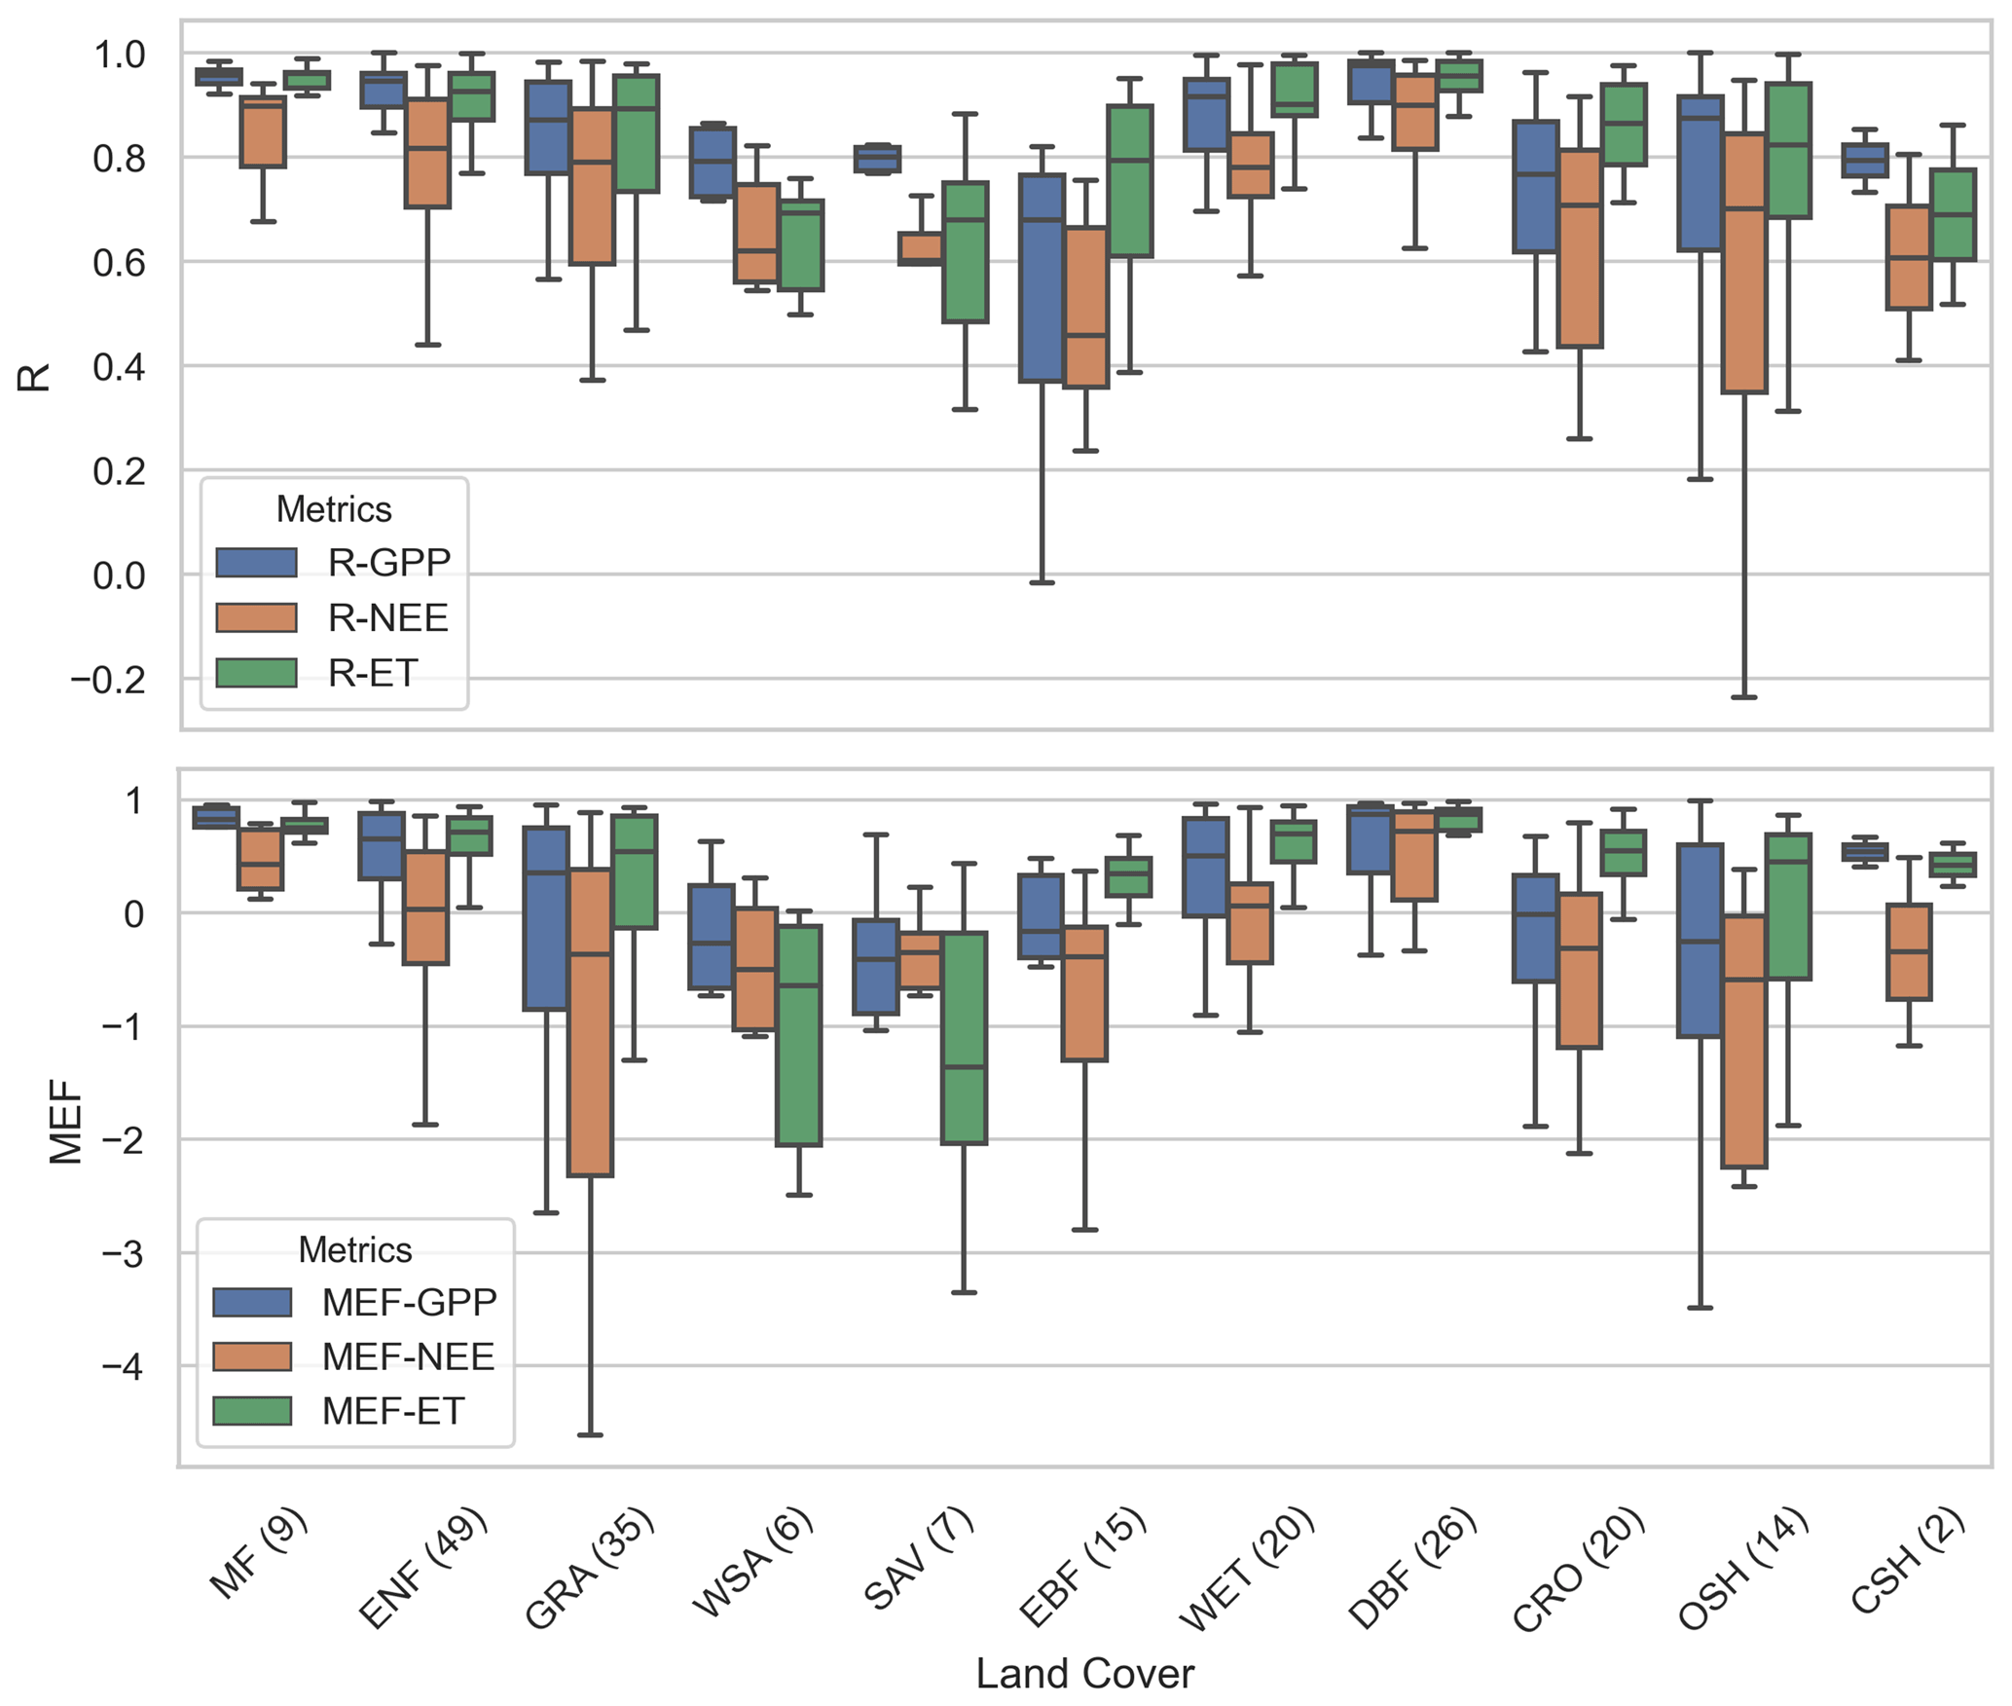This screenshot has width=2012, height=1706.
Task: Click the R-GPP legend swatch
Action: (x=256, y=563)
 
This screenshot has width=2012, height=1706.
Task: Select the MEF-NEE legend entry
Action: (x=408, y=1356)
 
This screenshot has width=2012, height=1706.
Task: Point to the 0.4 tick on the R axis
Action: (x=119, y=367)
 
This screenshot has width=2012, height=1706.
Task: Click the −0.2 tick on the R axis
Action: (x=107, y=680)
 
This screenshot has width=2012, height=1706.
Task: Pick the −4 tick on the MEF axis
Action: (x=122, y=1367)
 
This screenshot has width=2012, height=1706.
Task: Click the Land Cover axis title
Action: (x=1084, y=1674)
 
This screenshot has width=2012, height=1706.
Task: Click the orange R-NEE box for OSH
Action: (x=1743, y=263)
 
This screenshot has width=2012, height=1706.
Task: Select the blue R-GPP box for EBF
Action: (x=1042, y=278)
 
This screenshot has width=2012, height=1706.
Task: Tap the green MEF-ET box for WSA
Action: (x=799, y=1035)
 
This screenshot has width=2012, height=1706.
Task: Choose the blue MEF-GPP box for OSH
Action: (x=1700, y=940)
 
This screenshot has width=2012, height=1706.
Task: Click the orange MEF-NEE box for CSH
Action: (x=1909, y=952)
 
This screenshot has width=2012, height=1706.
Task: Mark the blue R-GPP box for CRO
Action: (x=1535, y=186)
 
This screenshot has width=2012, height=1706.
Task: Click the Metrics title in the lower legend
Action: (x=354, y=1249)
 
